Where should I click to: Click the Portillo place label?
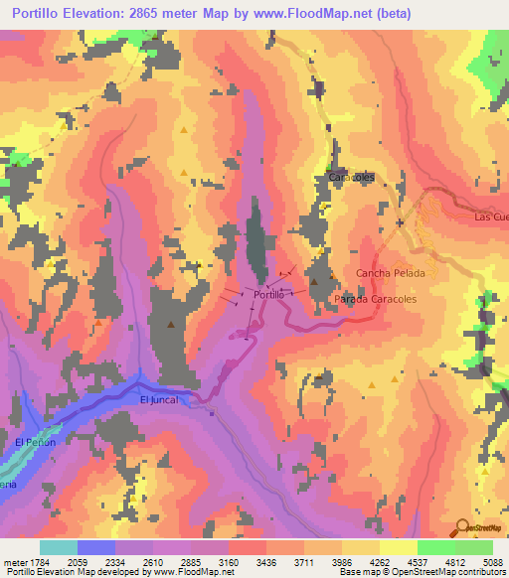[x=270, y=295]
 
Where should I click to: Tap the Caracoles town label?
[x=351, y=176]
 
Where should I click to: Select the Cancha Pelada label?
[x=391, y=272]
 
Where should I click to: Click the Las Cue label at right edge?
[x=491, y=217]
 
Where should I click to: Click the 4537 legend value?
[x=409, y=562]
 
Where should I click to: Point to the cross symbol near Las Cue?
[x=400, y=222]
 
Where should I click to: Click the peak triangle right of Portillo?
[x=314, y=282]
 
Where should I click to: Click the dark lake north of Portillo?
[x=256, y=243]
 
